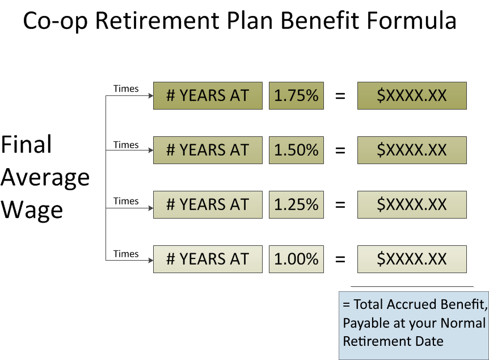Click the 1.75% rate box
pos(296,95)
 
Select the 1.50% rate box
pos(296,150)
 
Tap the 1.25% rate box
pos(296,204)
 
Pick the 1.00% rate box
pos(296,259)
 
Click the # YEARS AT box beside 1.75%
pos(208,95)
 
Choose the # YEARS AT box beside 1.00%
pos(208,259)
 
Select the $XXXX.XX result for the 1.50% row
pos(412,150)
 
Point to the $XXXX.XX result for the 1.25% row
pos(412,204)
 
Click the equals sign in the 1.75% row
pos(340,96)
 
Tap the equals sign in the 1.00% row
pos(340,259)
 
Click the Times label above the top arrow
pos(126,89)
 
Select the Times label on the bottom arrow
pos(126,254)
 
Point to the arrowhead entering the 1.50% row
pos(151,150)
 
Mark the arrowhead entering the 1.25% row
pos(151,208)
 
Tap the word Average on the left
pos(45,178)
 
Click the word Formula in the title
pos(412,20)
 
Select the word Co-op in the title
pos(55,21)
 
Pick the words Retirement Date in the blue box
pos(393,341)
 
